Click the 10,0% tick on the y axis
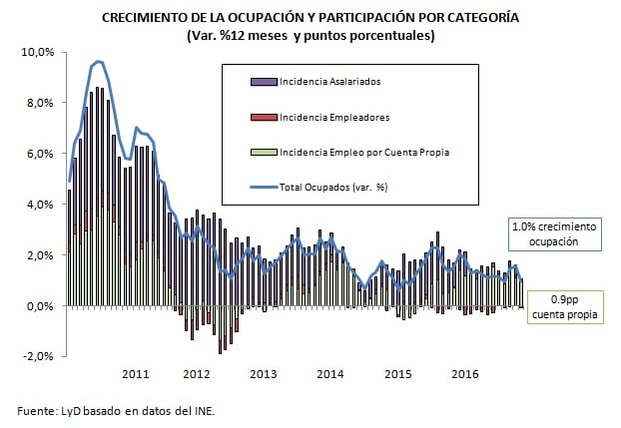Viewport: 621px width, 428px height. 38,52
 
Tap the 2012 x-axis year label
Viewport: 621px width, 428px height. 197,374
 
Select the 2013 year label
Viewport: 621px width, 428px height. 263,374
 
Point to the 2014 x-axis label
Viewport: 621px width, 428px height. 329,374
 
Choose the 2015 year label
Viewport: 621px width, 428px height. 398,374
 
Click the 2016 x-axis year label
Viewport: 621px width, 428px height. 464,374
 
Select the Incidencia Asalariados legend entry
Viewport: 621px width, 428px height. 329,80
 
